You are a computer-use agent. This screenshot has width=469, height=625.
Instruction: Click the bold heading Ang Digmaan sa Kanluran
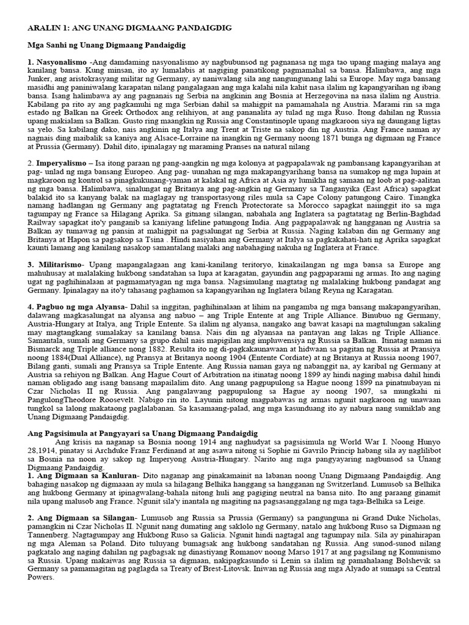[83, 474]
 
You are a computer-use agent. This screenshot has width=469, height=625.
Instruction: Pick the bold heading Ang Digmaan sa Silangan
[82, 518]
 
